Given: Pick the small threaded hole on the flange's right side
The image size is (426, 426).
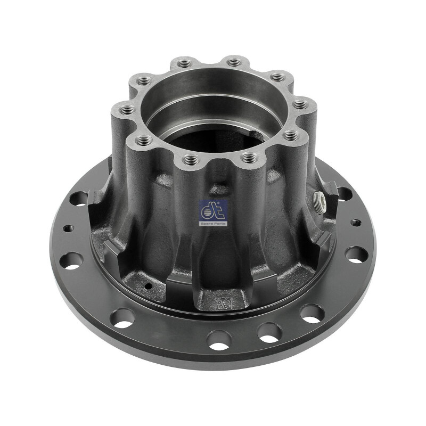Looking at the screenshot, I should [x=353, y=220].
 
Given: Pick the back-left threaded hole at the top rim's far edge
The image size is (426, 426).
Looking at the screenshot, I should [x=185, y=64].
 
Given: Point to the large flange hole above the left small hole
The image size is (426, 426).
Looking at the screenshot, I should [x=79, y=199].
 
